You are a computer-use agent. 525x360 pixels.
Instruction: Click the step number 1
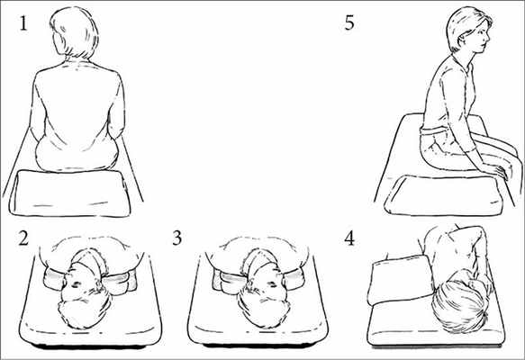pos(23,23)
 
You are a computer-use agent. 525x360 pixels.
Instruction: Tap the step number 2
pos(23,238)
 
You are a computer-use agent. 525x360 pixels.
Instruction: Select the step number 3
pos(177,238)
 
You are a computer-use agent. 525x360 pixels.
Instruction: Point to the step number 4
pos(349,238)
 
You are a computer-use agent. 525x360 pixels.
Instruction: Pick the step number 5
pos(349,22)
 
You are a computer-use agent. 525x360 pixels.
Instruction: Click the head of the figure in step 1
pos(75,31)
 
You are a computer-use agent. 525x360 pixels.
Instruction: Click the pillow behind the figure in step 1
pos(70,193)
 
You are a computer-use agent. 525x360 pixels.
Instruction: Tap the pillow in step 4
pos(401,279)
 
